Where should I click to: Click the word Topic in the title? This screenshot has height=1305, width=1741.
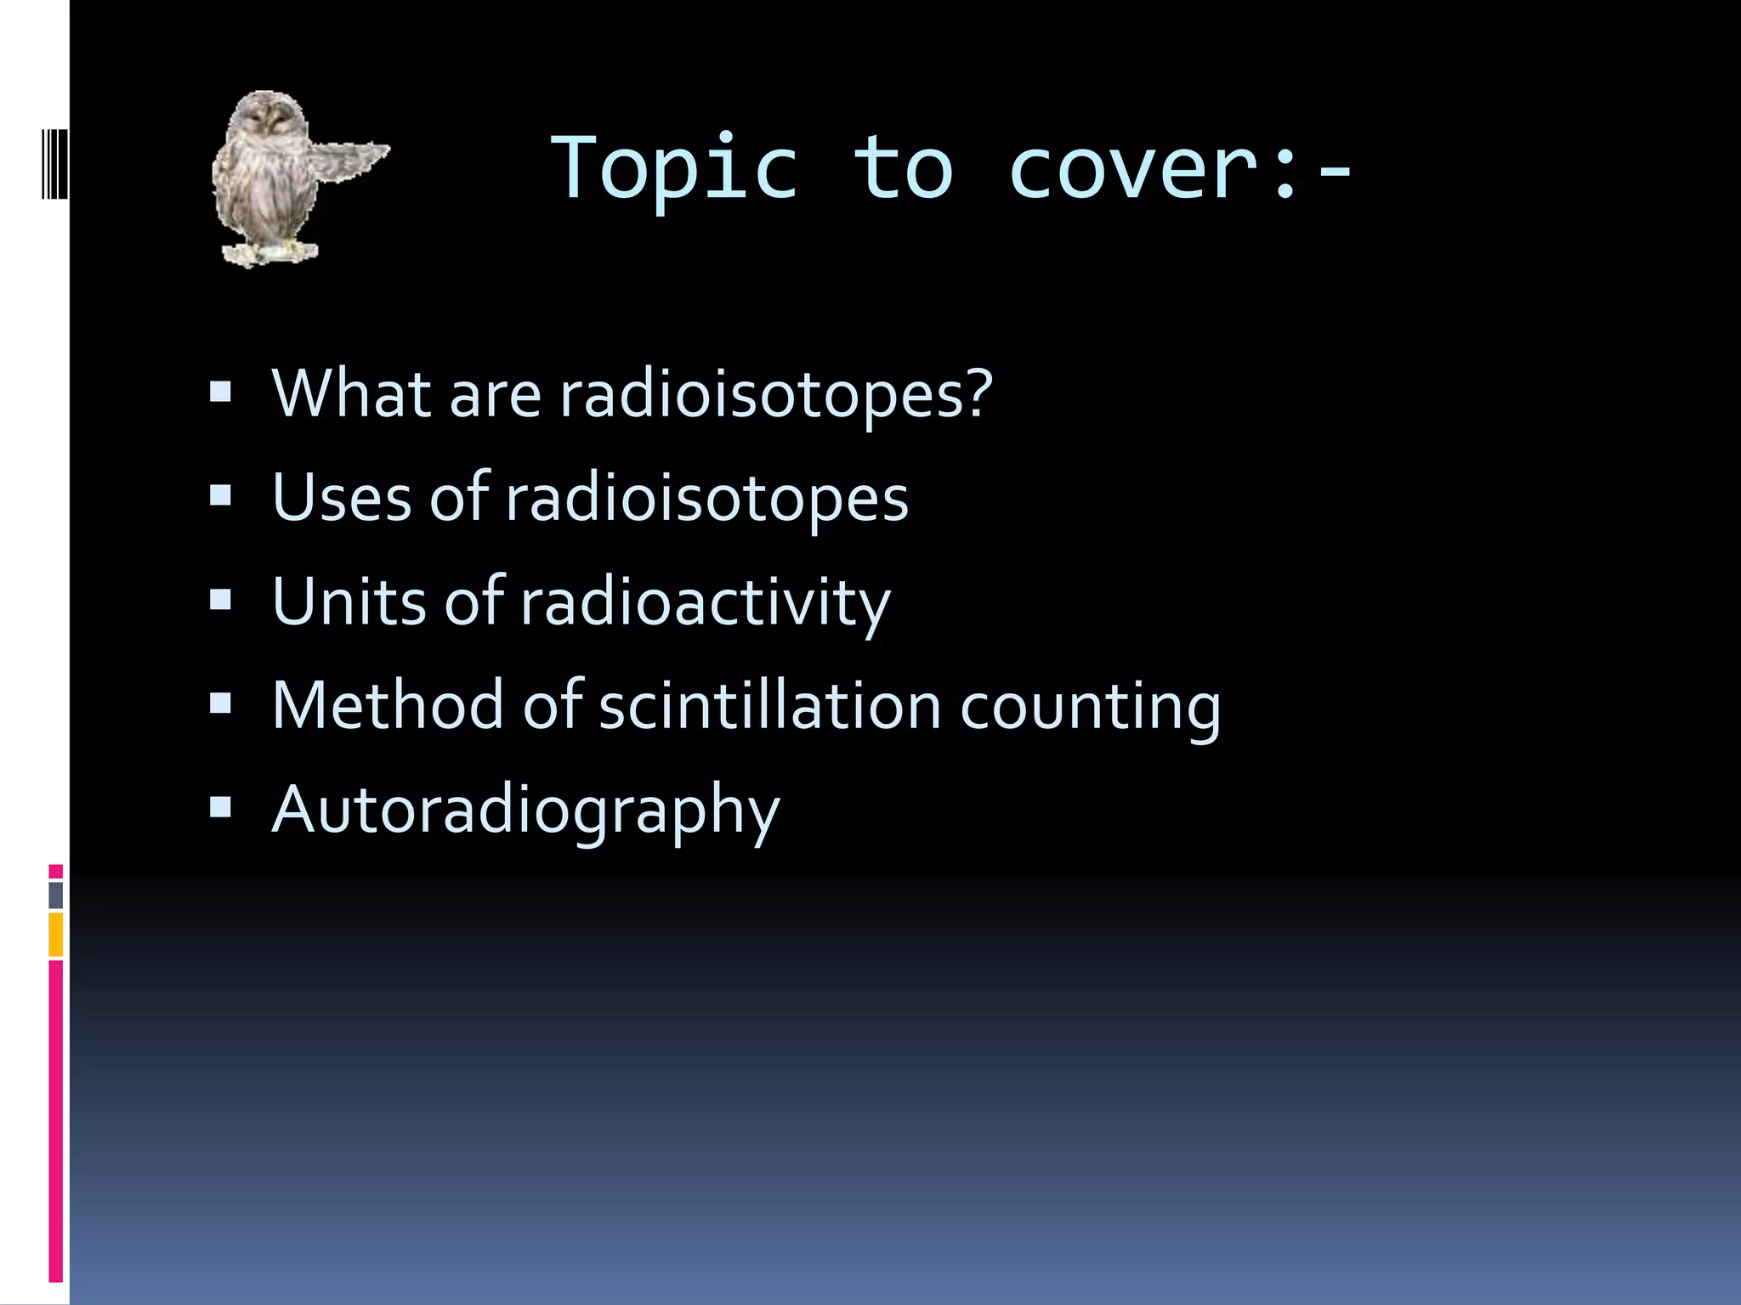coord(676,170)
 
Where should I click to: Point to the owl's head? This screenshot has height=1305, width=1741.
coord(269,119)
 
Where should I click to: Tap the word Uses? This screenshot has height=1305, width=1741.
coord(342,497)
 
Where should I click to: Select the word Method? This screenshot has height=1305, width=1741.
coord(388,705)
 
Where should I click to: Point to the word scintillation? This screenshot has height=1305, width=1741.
coord(769,705)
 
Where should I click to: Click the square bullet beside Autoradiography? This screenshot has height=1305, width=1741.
coord(220,806)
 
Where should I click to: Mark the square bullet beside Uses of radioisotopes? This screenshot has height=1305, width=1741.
coord(220,495)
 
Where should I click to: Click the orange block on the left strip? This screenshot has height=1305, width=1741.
coord(55,935)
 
